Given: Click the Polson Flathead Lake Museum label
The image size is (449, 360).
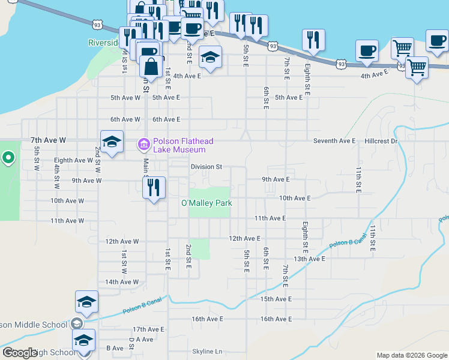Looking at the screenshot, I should point(182,146).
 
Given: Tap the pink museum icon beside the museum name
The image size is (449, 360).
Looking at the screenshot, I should point(143,145).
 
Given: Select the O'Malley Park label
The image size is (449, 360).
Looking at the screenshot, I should point(206,203).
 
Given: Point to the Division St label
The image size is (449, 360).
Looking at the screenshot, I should point(206,167).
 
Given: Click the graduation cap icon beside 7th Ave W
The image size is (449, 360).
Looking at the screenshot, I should point(112,142).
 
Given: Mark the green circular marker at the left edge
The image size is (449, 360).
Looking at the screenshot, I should point(8,158).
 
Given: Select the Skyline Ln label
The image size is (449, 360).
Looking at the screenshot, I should point(207,352).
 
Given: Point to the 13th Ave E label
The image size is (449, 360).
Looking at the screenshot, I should point(309,259).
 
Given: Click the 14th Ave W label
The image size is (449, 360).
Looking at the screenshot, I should point(122,282).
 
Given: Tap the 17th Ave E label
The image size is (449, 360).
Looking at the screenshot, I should point(148,329).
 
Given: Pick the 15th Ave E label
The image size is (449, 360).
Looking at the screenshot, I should point(276,299).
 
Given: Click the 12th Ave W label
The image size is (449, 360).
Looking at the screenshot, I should point(122,241).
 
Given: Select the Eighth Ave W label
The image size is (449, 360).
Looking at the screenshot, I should point(73,161).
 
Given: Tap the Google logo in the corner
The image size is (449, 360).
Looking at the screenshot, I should point(19,353).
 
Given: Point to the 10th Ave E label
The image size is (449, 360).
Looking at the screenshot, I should point(295,198).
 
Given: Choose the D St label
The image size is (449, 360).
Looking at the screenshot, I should point(131,342).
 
